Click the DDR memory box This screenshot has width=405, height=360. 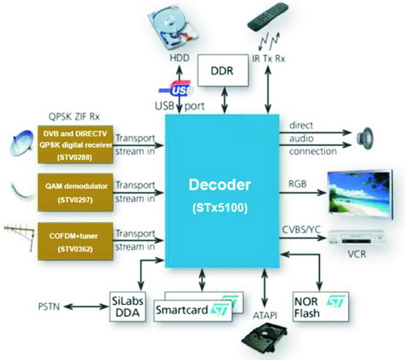click(223, 71)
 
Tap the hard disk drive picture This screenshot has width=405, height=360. click(173, 30)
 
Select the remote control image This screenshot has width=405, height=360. click(268, 16)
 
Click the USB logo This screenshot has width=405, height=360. click(176, 88)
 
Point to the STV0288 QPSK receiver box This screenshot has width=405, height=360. click(75, 144)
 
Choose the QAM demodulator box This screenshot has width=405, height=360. click(75, 192)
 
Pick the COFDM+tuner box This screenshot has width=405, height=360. click(75, 242)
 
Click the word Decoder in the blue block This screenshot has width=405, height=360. click(220, 185)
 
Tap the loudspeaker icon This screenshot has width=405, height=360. click(364, 139)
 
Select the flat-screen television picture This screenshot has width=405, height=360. click(360, 194)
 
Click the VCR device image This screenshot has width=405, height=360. click(356, 238)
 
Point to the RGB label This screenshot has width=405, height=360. click(297, 184)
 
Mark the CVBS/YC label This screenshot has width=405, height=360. click(301, 229)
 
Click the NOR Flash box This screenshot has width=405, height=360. click(321, 306)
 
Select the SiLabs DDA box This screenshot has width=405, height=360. click(127, 306)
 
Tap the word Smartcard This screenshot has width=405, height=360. click(181, 310)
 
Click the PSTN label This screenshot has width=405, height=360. click(49, 306)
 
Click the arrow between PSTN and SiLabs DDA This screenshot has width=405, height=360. click(86, 306)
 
